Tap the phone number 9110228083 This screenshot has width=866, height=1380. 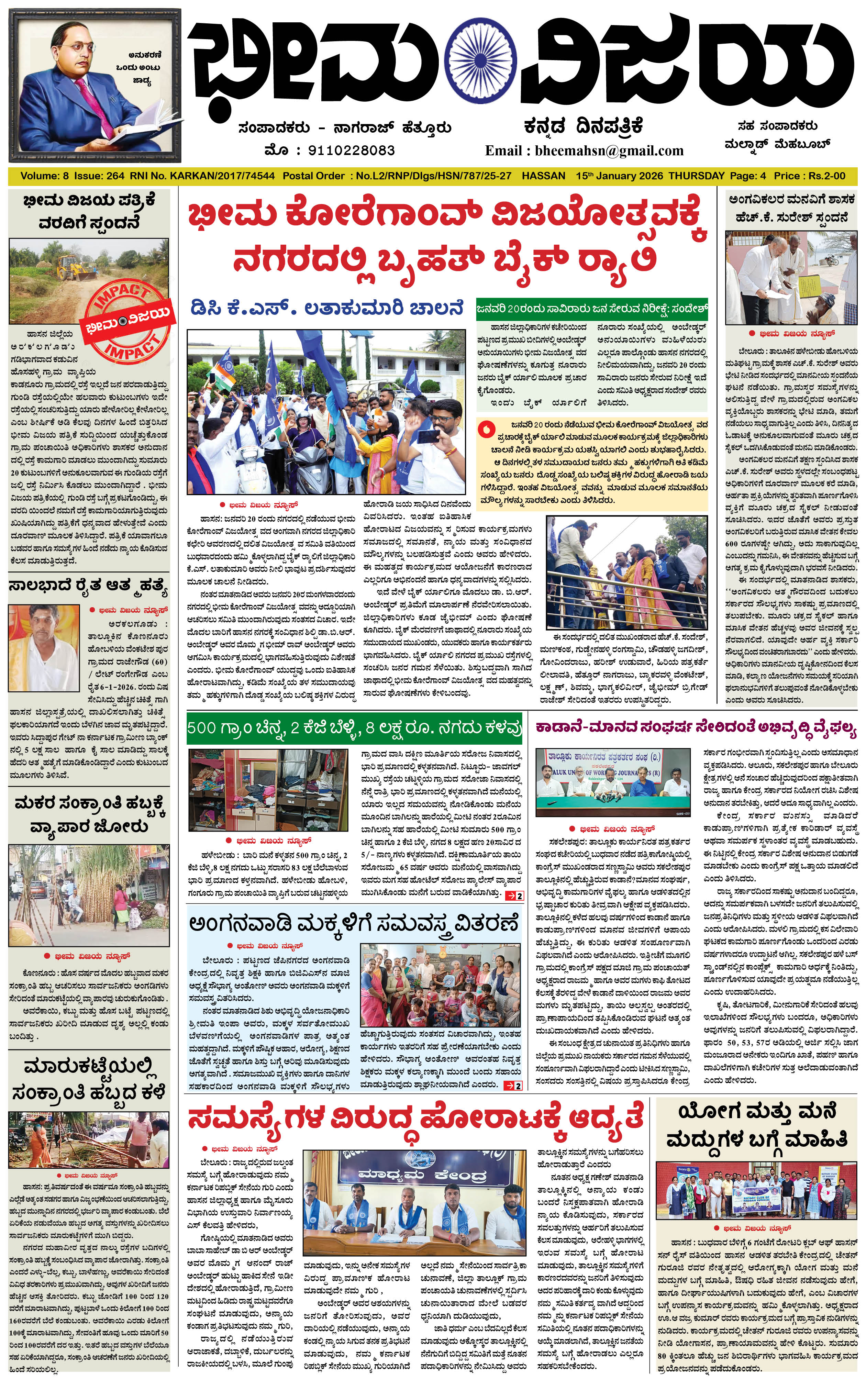point(351,151)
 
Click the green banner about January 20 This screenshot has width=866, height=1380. point(592,308)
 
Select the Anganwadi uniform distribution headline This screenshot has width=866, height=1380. point(354,923)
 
